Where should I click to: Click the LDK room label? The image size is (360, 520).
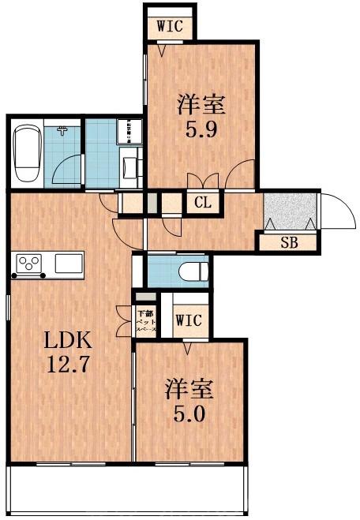coord(68,342)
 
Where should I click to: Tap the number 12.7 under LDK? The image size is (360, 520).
coord(68,367)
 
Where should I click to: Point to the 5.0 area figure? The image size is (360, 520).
coord(190,413)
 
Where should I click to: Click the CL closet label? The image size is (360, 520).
coord(203,202)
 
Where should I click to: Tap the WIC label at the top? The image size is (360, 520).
coord(170,25)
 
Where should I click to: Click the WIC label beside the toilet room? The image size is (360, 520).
coord(189,320)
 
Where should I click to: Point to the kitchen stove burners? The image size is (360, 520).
coord(30,262)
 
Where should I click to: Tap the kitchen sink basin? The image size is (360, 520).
coord(68,262)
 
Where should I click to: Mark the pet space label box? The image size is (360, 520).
coord(146,322)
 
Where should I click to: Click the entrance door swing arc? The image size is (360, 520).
coord(338,209)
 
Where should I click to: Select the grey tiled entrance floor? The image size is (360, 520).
coord(290,211)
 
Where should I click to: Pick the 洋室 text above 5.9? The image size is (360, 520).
coord(201,103)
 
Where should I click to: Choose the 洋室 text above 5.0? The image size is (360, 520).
coord(190,389)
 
